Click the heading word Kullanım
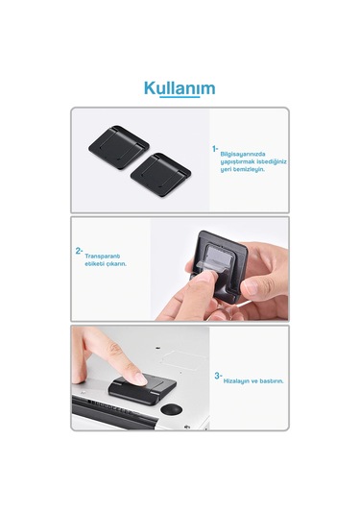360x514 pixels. coord(180,88)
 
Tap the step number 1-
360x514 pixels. coord(215,149)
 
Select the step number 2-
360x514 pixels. coord(79,252)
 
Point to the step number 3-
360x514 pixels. coord(218,376)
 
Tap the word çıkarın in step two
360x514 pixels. coord(114,263)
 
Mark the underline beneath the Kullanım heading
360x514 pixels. coord(180,99)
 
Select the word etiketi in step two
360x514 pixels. coord(94,263)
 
